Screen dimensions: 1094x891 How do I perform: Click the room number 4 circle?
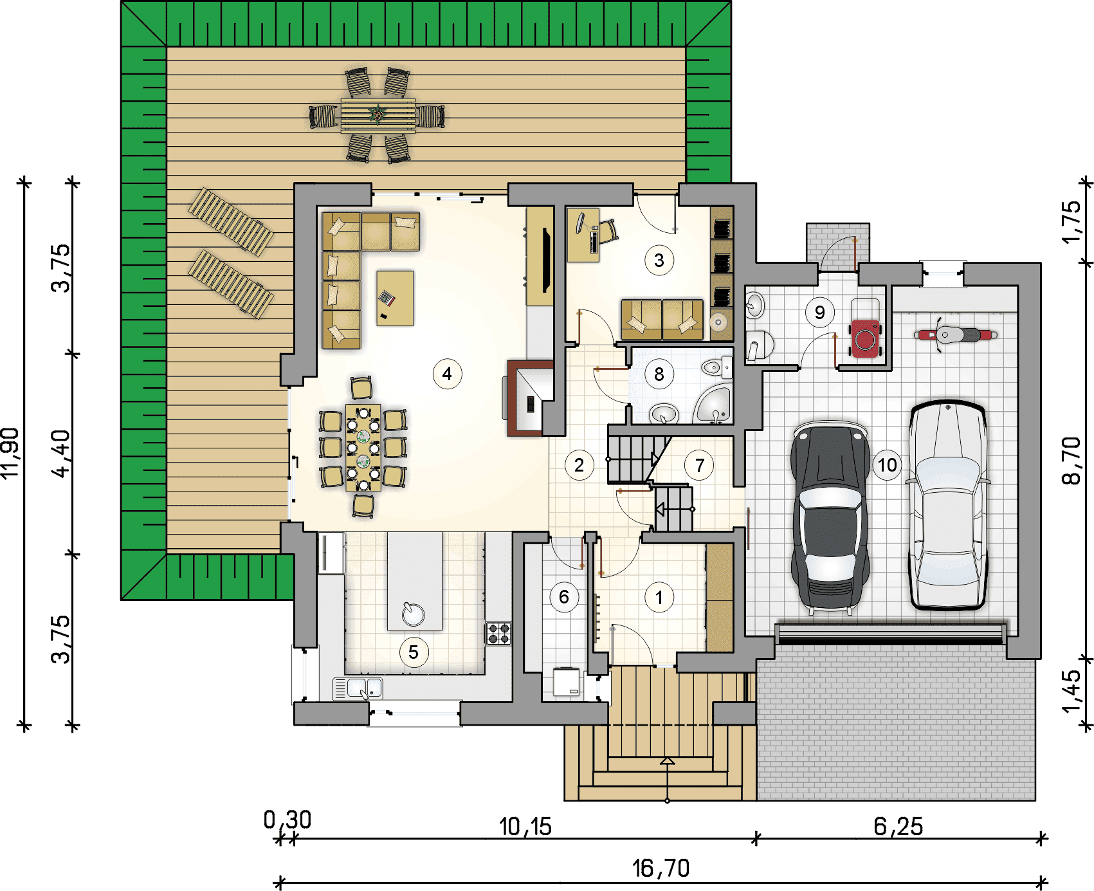coord(447,374)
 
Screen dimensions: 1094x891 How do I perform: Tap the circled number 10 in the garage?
coord(887,464)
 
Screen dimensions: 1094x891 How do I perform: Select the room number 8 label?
coord(659,374)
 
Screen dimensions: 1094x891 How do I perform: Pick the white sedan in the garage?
coord(948,504)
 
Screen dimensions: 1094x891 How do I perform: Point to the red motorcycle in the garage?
coord(956,335)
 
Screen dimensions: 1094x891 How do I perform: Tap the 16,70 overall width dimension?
coord(661,868)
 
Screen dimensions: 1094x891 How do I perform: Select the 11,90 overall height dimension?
coord(11,453)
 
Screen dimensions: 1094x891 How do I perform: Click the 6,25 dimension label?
coord(898,827)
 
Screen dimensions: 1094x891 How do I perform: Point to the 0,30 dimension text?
coord(287,820)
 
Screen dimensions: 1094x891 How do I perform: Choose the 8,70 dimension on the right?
coord(1071,461)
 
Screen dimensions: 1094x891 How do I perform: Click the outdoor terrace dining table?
coord(378,116)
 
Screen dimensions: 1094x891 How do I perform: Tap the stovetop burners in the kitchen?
coord(498,633)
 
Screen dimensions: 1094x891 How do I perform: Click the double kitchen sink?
coord(358,688)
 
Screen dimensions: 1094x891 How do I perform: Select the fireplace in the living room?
coord(529,399)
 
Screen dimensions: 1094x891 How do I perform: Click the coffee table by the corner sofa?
coord(395,299)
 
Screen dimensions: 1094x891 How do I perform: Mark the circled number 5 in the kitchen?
coord(414,652)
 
